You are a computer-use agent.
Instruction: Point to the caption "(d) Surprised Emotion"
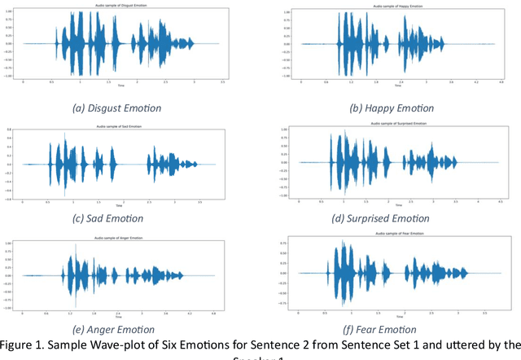click(x=394, y=218)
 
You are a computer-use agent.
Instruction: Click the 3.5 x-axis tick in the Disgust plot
click(x=224, y=83)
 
